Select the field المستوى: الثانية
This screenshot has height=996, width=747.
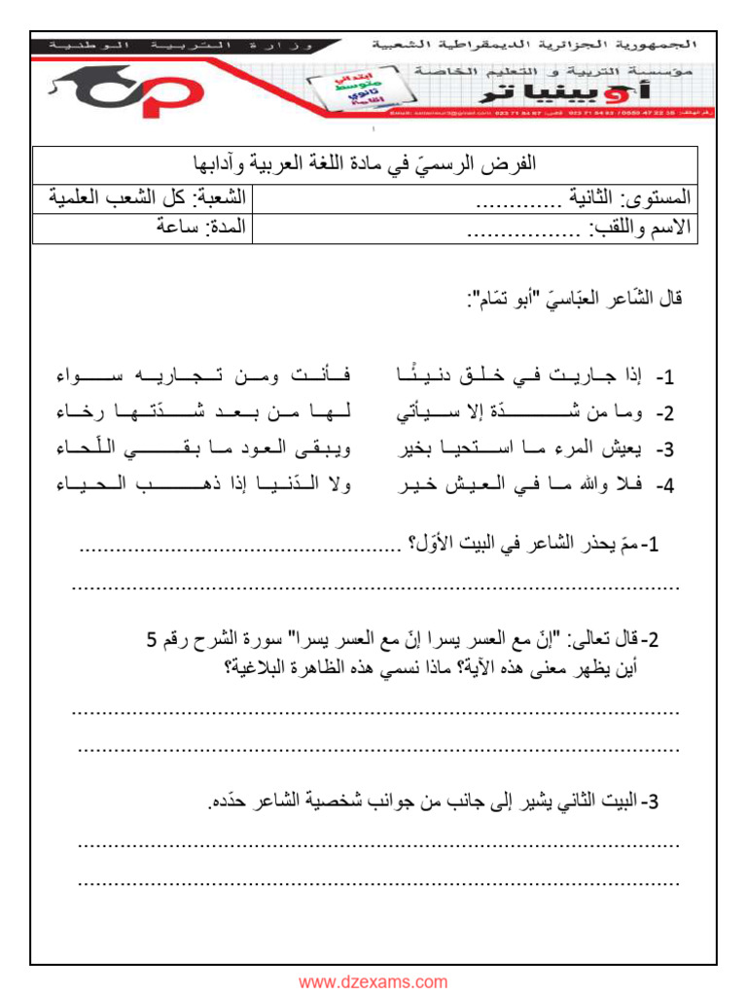584,197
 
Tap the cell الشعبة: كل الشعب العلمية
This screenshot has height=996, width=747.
147,197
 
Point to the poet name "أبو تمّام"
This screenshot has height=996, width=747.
506,299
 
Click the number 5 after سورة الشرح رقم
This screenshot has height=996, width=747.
151,639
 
